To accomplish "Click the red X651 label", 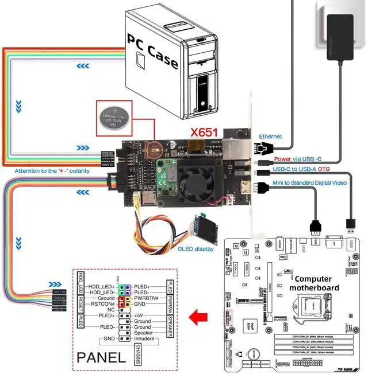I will [204, 133].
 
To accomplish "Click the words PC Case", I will [152, 48].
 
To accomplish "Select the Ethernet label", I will [270, 137].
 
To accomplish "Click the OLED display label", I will [196, 248].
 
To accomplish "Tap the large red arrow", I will [198, 315].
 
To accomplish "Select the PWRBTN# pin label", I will [148, 298].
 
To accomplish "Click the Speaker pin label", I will [143, 333].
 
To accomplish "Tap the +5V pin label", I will [139, 315].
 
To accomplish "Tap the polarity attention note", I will [52, 171].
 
